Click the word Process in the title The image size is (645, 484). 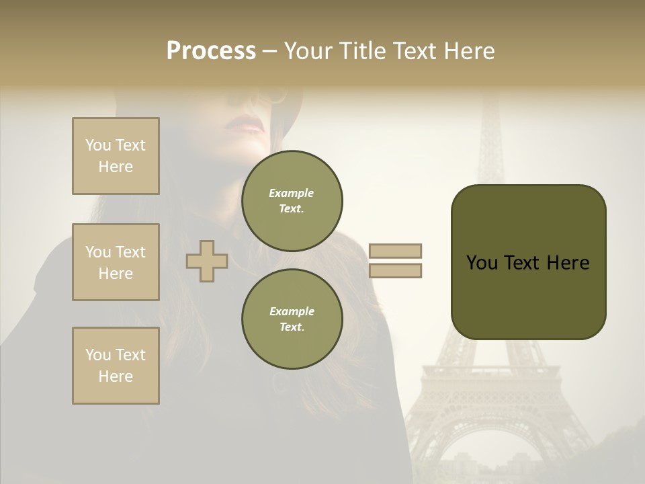[x=211, y=51]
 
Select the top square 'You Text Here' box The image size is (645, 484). [x=116, y=156]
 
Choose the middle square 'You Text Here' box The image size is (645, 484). [x=116, y=262]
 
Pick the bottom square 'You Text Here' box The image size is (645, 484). [x=116, y=366]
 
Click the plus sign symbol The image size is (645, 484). [x=207, y=261]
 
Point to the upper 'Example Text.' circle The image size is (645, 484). [x=292, y=201]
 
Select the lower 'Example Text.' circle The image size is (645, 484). [x=292, y=319]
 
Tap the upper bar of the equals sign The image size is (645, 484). [x=395, y=251]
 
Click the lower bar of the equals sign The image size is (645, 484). [x=395, y=271]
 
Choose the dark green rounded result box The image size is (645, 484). [x=528, y=262]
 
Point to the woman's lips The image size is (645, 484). [x=245, y=125]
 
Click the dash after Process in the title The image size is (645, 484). [x=270, y=52]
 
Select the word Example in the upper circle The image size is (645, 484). [x=292, y=193]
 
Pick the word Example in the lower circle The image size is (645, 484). [x=292, y=311]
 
